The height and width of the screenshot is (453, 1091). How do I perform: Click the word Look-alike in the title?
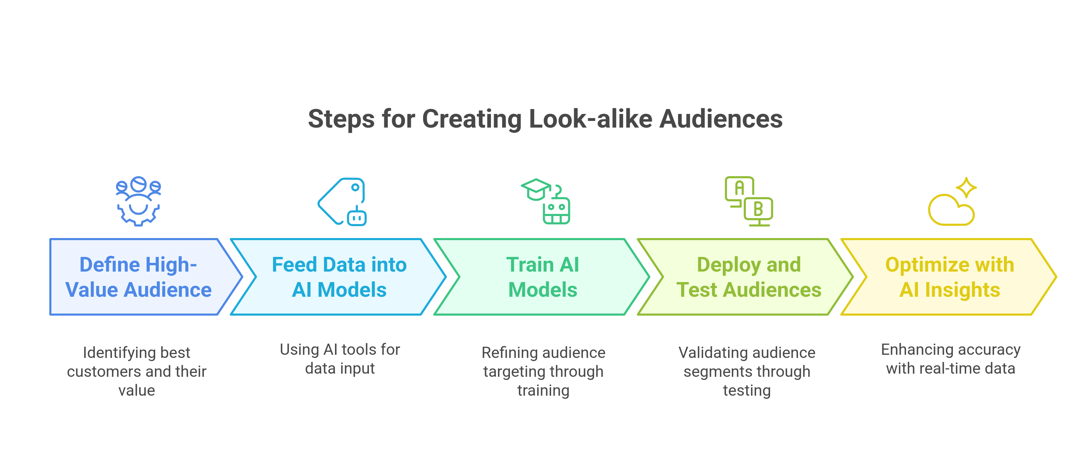tap(590, 119)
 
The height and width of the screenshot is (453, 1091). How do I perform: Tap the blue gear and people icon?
tap(138, 201)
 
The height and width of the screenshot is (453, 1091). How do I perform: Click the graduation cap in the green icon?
tap(535, 188)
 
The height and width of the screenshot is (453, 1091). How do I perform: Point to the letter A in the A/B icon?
tap(740, 188)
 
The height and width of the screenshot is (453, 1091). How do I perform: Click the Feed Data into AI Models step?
tap(339, 277)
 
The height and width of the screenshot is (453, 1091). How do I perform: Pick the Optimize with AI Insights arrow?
tap(949, 277)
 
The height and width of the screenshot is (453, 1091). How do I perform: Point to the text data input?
tap(340, 368)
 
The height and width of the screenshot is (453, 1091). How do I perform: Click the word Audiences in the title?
tap(720, 119)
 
